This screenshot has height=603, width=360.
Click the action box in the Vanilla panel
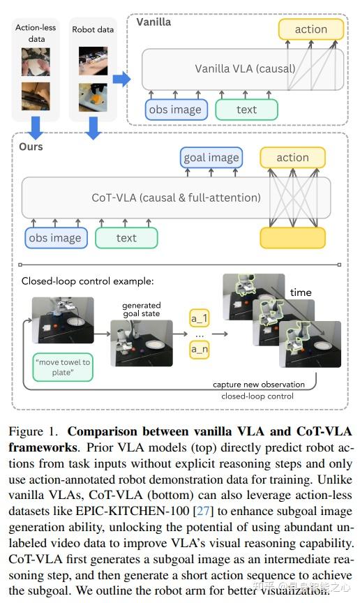311,29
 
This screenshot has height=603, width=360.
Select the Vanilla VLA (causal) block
242,68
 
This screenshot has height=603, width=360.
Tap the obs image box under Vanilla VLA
174,110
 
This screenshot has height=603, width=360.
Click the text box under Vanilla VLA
246,110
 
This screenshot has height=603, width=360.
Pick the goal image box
211,158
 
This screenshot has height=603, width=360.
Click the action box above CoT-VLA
292,158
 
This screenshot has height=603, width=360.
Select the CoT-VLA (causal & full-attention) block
176,198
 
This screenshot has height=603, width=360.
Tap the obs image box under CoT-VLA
56,238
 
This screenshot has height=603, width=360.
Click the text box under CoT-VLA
126,238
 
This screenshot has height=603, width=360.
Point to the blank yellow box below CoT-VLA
292,238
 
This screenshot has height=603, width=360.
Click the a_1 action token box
200,319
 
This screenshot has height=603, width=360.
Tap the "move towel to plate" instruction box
62,366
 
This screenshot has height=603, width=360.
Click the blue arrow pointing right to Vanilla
121,78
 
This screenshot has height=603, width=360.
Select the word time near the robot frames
301,292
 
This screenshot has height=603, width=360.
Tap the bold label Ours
31,147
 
